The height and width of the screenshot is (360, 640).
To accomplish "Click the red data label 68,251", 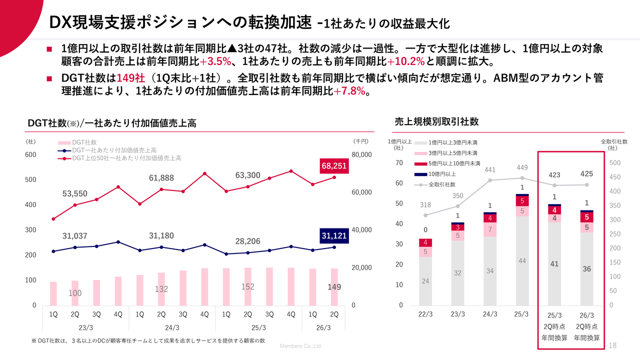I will pyautogui.click(x=334, y=166).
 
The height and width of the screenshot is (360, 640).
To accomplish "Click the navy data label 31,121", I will pyautogui.click(x=334, y=236).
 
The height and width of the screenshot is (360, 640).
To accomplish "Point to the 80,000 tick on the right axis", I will pyautogui.click(x=361, y=155).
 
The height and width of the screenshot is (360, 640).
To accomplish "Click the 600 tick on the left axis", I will pyautogui.click(x=31, y=155).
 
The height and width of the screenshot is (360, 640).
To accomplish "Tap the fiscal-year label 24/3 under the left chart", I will pyautogui.click(x=172, y=327).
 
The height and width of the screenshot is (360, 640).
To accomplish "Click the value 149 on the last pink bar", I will pyautogui.click(x=334, y=287).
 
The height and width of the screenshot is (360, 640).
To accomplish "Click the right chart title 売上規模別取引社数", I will pyautogui.click(x=436, y=121).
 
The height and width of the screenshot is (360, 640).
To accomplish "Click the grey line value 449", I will pyautogui.click(x=522, y=167).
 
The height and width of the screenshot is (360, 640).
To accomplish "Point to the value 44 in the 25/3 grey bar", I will pyautogui.click(x=522, y=261).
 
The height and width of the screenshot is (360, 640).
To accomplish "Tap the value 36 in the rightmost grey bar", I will pyautogui.click(x=586, y=269).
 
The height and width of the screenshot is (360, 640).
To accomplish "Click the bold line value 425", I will pyautogui.click(x=586, y=174).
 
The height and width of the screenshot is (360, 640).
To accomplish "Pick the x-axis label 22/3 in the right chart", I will pyautogui.click(x=426, y=314).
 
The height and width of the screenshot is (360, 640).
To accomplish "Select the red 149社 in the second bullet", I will pyautogui.click(x=130, y=78).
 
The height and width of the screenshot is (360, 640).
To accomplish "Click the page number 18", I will pyautogui.click(x=613, y=345).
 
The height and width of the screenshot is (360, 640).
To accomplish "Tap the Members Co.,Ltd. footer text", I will pyautogui.click(x=301, y=346).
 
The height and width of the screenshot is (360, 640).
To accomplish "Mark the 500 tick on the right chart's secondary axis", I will pyautogui.click(x=614, y=163).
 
